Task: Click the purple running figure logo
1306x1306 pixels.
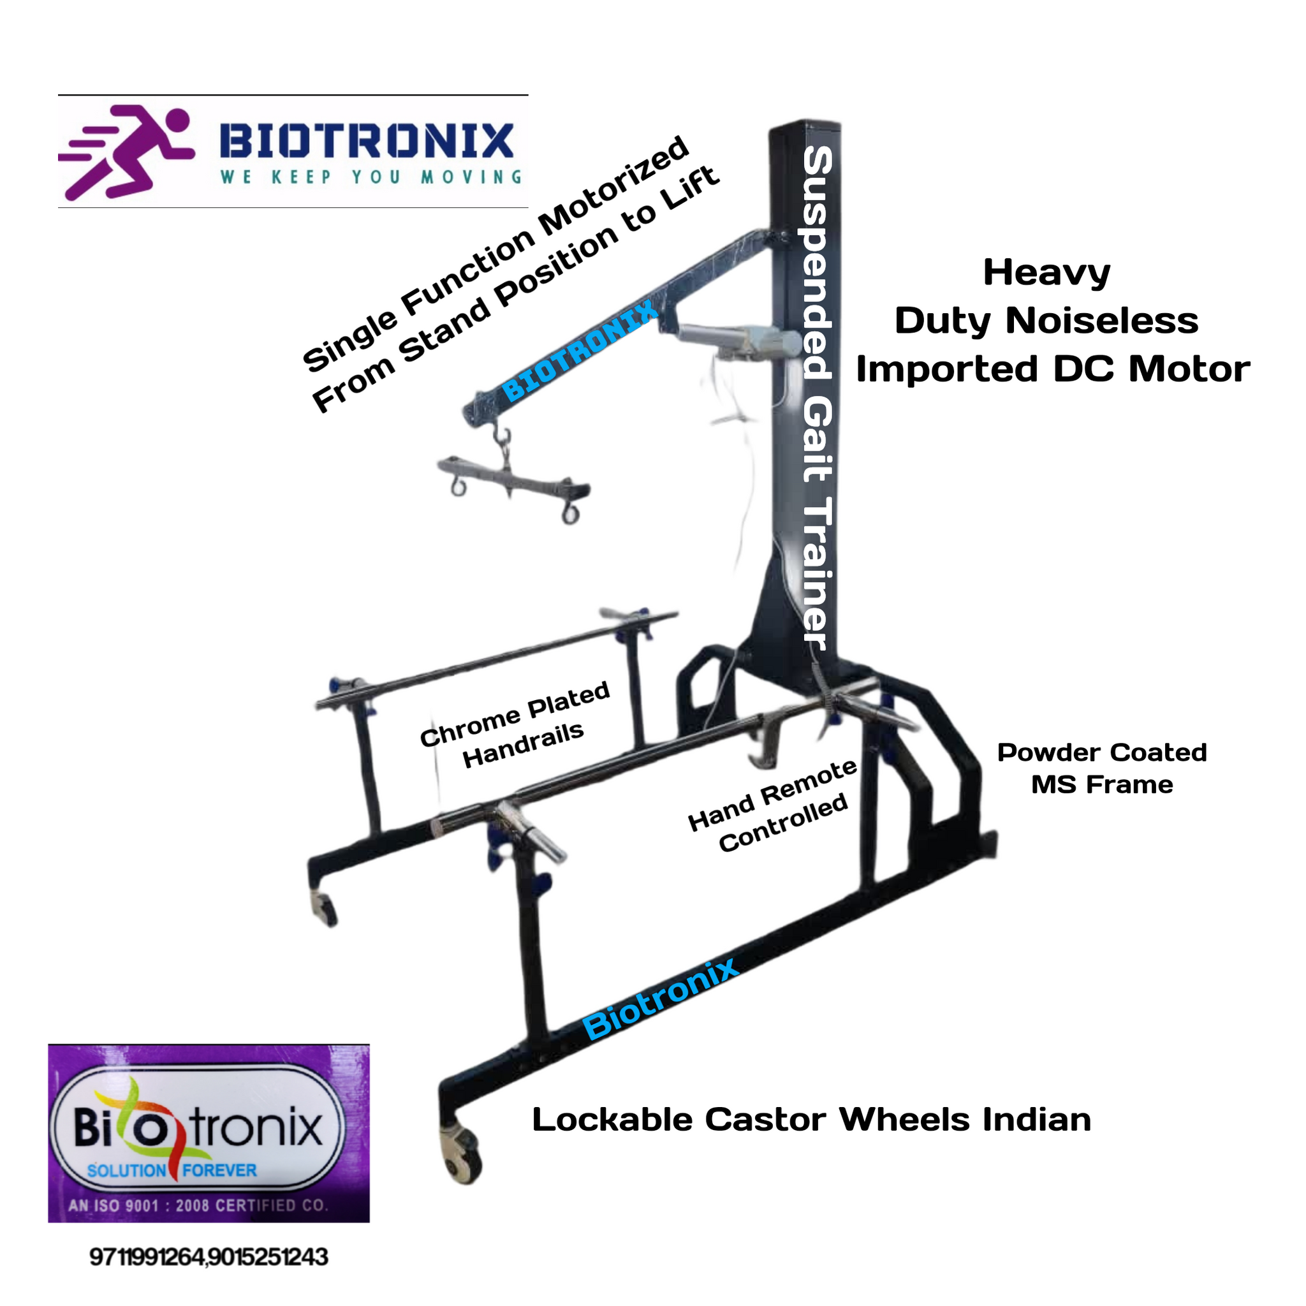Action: pyautogui.click(x=126, y=150)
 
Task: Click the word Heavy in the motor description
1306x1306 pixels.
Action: pyautogui.click(x=1047, y=274)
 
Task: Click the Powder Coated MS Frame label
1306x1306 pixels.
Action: pyautogui.click(x=1103, y=769)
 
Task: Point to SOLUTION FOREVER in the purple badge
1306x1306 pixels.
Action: pyautogui.click(x=172, y=1170)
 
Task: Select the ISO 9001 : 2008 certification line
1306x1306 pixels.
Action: pyautogui.click(x=198, y=1205)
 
